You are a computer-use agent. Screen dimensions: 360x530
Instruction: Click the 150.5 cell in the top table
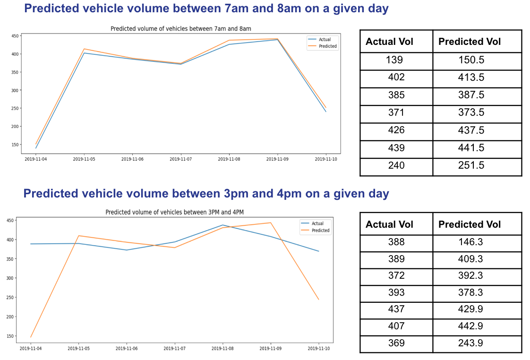click(x=471, y=60)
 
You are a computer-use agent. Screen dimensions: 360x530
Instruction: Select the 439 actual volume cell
click(x=396, y=148)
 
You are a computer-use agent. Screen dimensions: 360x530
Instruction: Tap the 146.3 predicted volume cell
click(x=471, y=242)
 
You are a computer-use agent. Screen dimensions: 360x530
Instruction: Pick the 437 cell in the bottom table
click(x=396, y=309)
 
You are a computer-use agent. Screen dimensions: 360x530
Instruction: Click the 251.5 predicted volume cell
click(x=471, y=165)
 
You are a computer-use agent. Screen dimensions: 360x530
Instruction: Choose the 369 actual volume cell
click(x=396, y=343)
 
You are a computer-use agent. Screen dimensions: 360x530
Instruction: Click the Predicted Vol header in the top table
click(x=469, y=42)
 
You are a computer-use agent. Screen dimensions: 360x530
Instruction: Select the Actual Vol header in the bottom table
click(x=389, y=224)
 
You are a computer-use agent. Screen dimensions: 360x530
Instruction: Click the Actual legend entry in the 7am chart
click(x=325, y=40)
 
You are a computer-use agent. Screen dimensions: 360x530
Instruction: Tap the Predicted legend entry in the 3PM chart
click(x=320, y=231)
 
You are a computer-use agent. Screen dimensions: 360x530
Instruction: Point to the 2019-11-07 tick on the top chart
click(x=181, y=159)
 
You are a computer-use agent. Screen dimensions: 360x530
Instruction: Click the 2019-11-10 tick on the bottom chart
click(x=318, y=348)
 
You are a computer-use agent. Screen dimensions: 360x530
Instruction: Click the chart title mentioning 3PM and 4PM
click(x=174, y=212)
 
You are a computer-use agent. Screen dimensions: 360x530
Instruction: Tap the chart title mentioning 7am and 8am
click(x=180, y=29)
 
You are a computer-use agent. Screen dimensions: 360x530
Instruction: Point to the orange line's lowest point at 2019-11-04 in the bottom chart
click(x=31, y=337)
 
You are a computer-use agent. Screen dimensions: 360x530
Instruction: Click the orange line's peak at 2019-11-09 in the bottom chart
click(x=271, y=223)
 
